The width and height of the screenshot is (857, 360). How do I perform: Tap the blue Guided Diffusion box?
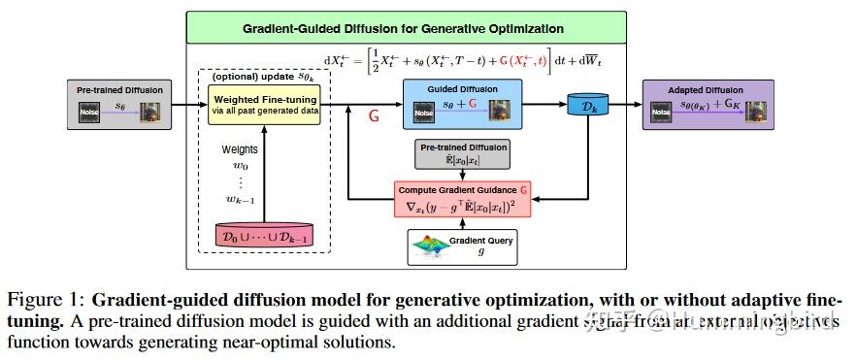coord(462,102)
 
